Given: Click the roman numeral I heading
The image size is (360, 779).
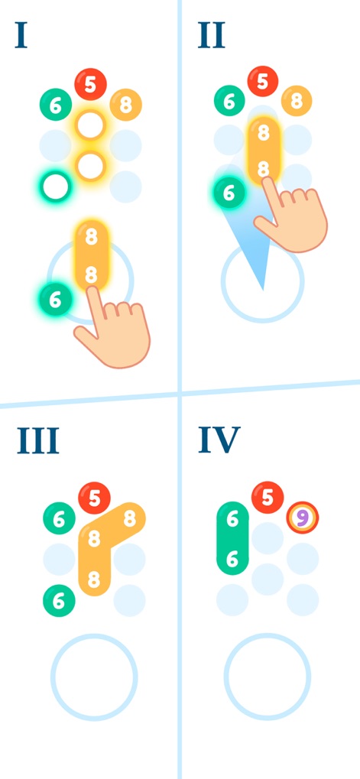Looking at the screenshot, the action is [x=21, y=35].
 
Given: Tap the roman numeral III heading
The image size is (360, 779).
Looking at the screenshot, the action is [x=38, y=440].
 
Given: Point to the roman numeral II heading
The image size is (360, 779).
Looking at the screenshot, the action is [x=212, y=35].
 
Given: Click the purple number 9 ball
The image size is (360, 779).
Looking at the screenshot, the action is [x=303, y=518].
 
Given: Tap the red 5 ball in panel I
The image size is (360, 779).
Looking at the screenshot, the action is [x=90, y=84].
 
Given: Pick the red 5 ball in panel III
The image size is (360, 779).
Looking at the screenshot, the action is [x=94, y=498].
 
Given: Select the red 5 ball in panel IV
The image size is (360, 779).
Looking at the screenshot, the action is [x=268, y=498].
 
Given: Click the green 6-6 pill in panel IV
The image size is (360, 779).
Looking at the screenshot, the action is [x=232, y=538].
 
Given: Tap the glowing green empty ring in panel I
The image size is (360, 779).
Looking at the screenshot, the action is [x=56, y=187].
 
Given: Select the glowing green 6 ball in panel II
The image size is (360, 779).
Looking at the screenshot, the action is [x=229, y=193].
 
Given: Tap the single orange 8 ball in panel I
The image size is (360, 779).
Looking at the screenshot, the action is [x=125, y=105].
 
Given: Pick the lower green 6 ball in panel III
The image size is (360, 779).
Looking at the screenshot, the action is [x=59, y=601].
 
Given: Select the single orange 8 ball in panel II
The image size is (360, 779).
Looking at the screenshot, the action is [x=297, y=101].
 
